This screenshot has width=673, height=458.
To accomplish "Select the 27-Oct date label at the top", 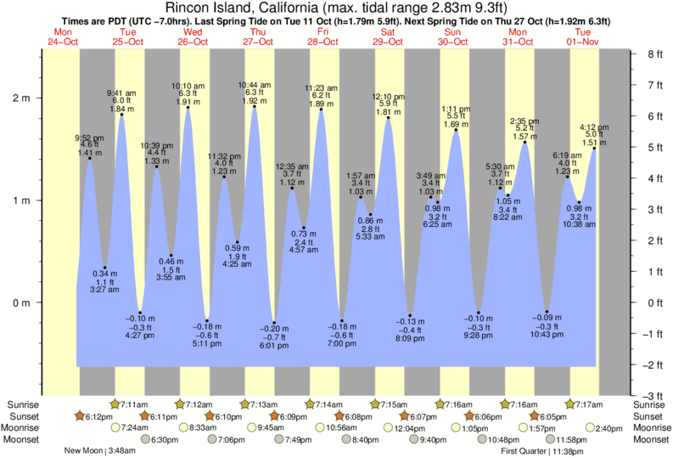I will pos(258,42).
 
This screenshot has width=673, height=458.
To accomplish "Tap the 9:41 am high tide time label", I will pos(121,92).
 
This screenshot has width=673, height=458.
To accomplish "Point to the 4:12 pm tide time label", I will pos(592,127).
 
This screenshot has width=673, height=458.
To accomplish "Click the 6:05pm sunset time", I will pos(552,416).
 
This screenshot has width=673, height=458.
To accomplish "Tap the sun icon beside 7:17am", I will pos(571,404).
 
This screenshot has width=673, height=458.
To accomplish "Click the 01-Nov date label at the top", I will pos(584,42).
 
